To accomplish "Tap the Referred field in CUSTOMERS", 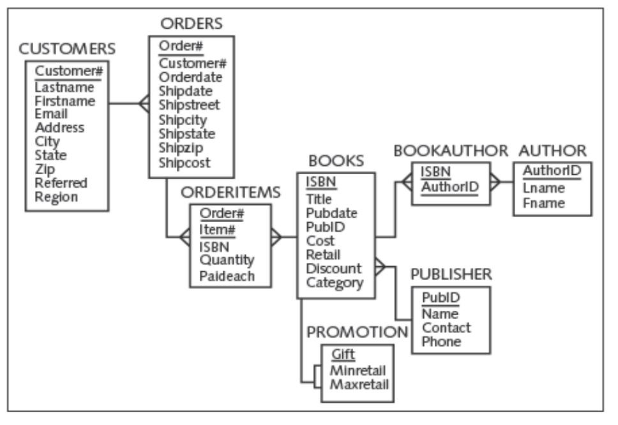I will (61, 183).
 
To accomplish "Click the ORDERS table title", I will (191, 24).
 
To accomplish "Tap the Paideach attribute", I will (227, 276).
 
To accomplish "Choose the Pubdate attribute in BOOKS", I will (331, 212).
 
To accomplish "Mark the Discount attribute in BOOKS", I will (333, 269).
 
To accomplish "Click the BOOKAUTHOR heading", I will (450, 151).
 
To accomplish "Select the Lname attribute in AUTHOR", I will (538, 190).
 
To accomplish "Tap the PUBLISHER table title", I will (451, 274).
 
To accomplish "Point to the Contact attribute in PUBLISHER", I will (446, 327).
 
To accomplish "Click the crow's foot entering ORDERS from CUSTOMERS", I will (144, 103).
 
